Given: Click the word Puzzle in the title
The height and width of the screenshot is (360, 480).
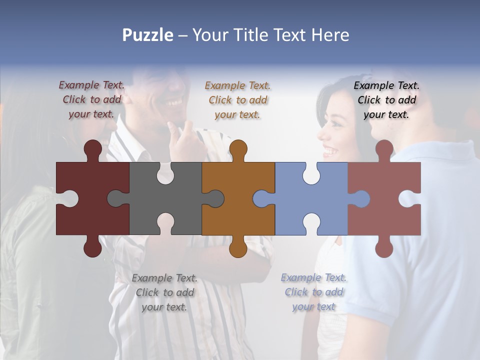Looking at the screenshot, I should pos(147,35).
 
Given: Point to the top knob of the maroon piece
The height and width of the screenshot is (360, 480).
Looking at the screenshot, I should pos(92,149).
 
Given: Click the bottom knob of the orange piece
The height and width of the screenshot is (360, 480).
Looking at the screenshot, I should pos(238,247).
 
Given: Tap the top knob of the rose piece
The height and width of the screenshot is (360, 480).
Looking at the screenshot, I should pos(384,149).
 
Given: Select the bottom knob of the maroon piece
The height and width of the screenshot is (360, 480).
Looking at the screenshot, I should pos(92,247).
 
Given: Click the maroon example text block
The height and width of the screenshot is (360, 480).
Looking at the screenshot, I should pos(91,99).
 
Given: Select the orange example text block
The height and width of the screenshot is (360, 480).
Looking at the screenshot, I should pos(237,100).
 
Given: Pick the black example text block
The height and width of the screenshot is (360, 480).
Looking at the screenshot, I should pos(386,100).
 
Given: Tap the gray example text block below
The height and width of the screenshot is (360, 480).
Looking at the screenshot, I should pos(164,292).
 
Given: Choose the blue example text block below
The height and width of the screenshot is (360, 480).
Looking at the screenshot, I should pos(313,292).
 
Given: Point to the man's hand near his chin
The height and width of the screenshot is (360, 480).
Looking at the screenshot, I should pos(185,135).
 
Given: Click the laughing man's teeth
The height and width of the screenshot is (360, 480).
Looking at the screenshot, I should pos(173,102).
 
